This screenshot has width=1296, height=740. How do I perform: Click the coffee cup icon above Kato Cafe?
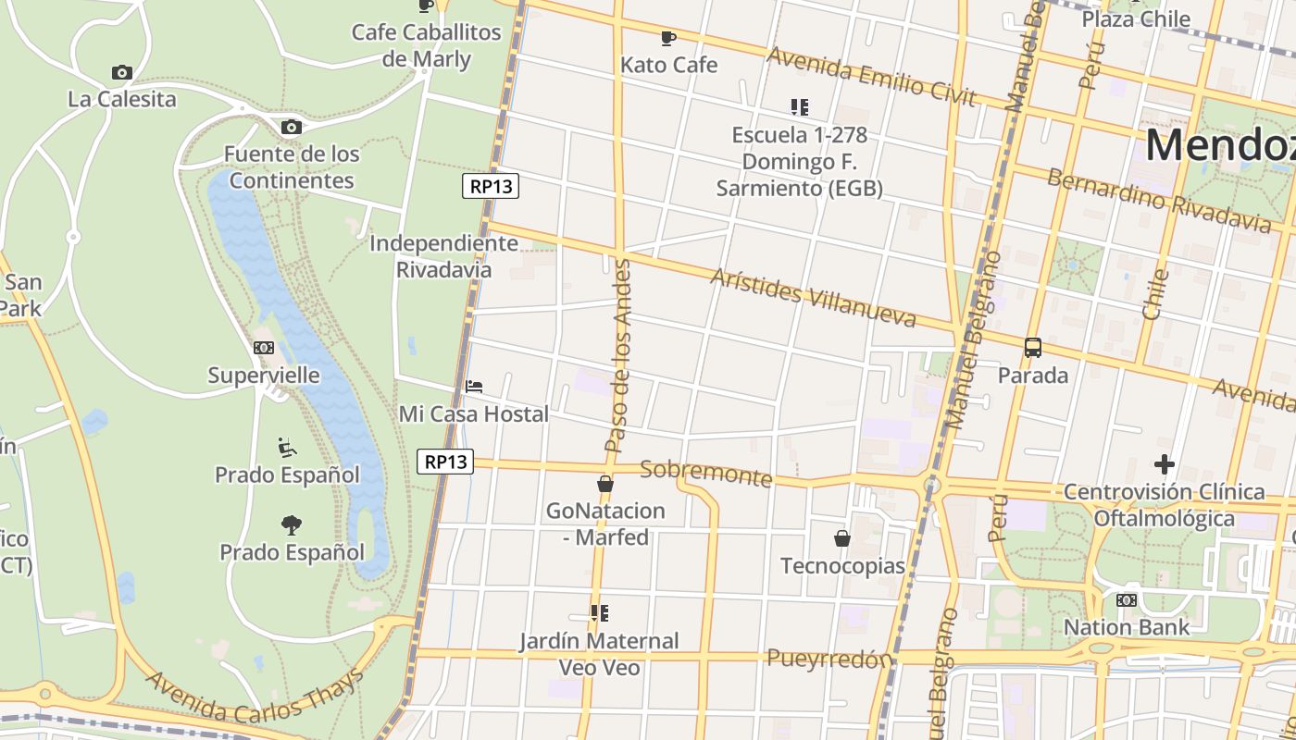667,38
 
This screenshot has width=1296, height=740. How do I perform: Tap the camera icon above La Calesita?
121,72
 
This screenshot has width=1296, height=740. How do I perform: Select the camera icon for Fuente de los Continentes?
292,127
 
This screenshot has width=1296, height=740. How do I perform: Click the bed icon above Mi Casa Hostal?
474,386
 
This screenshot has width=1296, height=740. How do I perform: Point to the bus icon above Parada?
1033,348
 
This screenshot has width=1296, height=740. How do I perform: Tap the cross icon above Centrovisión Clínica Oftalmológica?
1164,463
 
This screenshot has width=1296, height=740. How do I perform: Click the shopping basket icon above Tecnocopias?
842,537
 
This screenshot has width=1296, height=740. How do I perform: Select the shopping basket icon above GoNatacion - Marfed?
605,483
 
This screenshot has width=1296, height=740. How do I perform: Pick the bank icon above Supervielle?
264,348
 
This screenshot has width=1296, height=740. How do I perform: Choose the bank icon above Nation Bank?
1127,599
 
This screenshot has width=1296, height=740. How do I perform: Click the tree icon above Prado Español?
292,524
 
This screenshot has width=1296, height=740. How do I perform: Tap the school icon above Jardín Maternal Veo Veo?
600,612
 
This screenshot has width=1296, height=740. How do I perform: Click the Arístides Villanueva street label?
813,298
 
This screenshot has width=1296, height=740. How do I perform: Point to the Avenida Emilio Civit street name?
871,77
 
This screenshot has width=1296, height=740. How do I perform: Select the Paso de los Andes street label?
617,356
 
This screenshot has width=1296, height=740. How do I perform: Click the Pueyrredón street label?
829,658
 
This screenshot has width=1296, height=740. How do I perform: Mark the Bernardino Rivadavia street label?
1159,201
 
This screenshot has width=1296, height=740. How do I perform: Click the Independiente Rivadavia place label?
443,256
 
